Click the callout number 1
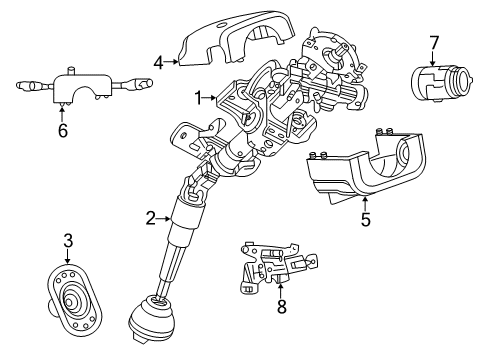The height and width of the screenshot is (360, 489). pyautogui.click(x=200, y=97)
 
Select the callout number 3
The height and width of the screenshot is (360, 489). pyautogui.click(x=68, y=242)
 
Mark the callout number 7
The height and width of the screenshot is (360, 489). pyautogui.click(x=434, y=42)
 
